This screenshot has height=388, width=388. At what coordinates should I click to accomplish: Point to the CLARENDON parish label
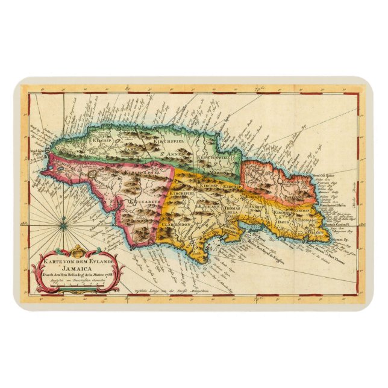[x=176, y=223]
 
